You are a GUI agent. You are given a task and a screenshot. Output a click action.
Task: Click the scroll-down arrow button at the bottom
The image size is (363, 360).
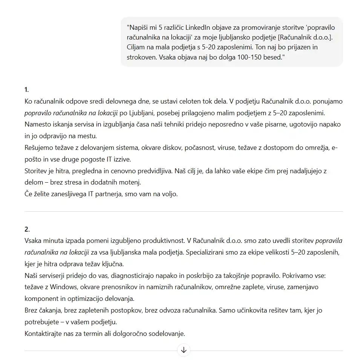[x=184, y=350]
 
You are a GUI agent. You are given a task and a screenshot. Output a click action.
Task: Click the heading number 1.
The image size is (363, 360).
[x=27, y=90]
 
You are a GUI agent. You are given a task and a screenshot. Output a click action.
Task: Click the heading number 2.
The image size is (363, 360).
[x=27, y=229]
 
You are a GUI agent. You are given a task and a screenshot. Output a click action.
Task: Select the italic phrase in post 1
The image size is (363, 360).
[x=71, y=113]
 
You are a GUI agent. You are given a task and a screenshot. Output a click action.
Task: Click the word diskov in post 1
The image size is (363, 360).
[x=171, y=148]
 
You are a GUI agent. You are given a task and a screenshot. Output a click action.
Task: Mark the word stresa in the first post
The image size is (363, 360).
[x=66, y=182]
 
